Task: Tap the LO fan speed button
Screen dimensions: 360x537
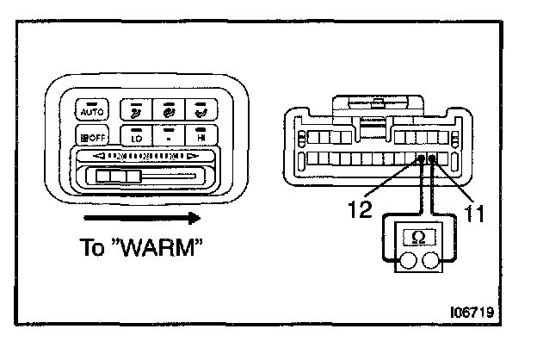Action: click(137, 136)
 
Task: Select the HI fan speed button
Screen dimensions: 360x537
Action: click(201, 136)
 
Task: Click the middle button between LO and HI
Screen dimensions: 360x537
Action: click(169, 136)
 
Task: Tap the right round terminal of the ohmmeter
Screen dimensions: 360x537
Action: click(432, 259)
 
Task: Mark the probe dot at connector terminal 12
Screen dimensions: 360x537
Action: click(421, 158)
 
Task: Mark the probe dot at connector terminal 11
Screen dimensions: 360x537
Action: click(432, 158)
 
